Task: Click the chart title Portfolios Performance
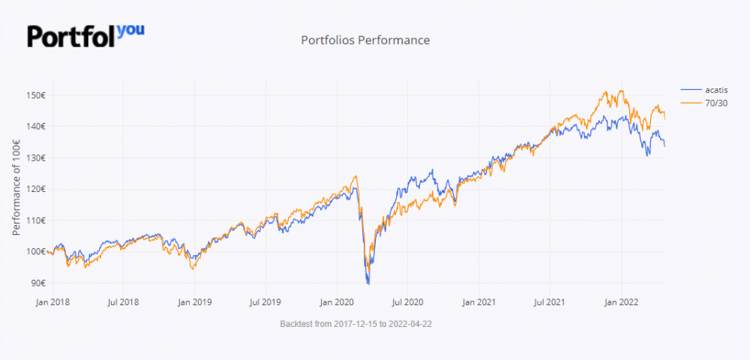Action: point(365,40)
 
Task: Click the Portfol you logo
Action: point(85,35)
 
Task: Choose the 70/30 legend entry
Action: point(706,103)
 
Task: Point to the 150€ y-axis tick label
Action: point(35,95)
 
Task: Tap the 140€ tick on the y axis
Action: point(35,126)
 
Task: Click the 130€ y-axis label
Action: point(35,157)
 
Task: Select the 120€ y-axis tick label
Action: point(35,189)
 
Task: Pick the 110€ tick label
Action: point(35,220)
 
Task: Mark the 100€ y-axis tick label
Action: point(35,251)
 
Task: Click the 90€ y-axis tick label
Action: point(37,283)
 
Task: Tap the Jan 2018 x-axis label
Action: point(52,302)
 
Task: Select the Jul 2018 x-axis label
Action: point(123,302)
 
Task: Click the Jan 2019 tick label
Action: point(194,302)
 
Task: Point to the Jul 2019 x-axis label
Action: point(265,302)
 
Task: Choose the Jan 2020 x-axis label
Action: point(336,302)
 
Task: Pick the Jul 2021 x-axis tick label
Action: point(549,302)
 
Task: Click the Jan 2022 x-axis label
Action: point(621,302)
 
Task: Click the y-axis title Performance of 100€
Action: point(16,189)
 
